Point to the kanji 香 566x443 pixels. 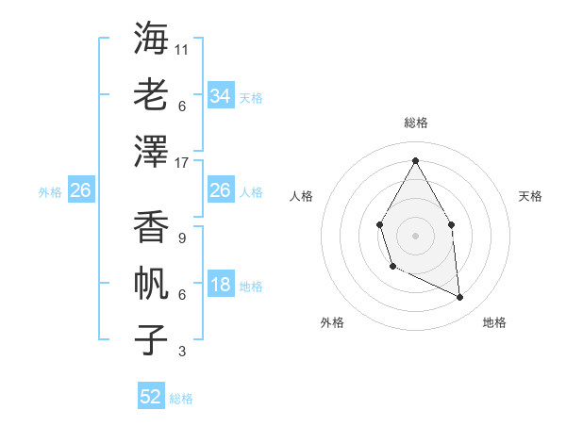[x=152, y=226]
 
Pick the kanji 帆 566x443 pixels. [x=152, y=283]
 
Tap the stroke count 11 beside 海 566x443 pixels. [x=182, y=49]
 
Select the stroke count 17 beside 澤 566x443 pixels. [x=182, y=162]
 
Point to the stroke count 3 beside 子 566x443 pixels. [x=181, y=352]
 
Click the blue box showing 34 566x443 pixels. [x=220, y=95]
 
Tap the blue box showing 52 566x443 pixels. [x=151, y=397]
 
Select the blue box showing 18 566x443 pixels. [x=220, y=286]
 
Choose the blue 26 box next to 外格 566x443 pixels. [x=81, y=191]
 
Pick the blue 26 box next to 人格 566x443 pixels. [x=220, y=190]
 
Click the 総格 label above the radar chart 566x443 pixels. [x=415, y=123]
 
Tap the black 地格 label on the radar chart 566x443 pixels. [x=494, y=322]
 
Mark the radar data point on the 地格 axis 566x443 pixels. [x=460, y=297]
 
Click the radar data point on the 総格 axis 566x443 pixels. [x=415, y=160]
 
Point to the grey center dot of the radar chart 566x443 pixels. [x=415, y=234]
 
